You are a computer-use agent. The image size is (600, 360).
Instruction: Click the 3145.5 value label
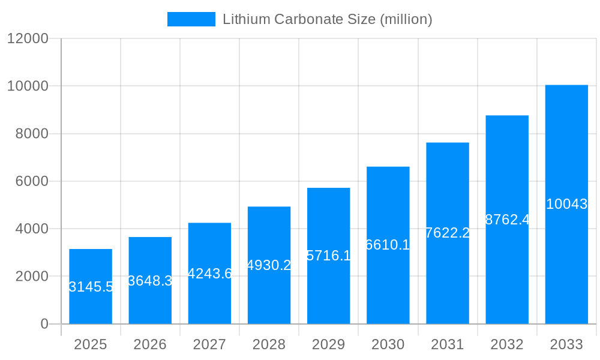(x=91, y=287)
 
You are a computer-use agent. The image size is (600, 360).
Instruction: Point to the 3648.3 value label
(x=150, y=281)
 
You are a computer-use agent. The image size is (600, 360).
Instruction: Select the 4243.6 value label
(x=209, y=274)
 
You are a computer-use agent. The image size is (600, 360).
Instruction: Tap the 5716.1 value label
(x=328, y=256)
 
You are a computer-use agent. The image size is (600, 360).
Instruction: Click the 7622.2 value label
(x=448, y=233)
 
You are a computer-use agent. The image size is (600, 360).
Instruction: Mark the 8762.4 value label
(x=507, y=220)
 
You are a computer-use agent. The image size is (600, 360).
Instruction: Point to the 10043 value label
(x=566, y=204)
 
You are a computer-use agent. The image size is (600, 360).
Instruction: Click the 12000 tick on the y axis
(x=28, y=38)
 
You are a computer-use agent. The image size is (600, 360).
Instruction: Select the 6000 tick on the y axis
(x=31, y=181)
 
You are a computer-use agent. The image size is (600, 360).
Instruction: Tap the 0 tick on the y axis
(x=44, y=324)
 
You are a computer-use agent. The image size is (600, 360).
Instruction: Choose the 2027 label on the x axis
(x=209, y=344)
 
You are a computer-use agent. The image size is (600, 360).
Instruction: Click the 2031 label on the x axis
(x=448, y=344)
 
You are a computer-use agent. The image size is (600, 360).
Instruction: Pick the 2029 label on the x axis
(x=328, y=344)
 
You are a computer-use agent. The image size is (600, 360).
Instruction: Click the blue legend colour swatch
(x=191, y=19)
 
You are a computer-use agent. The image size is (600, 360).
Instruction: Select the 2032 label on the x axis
(x=507, y=344)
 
